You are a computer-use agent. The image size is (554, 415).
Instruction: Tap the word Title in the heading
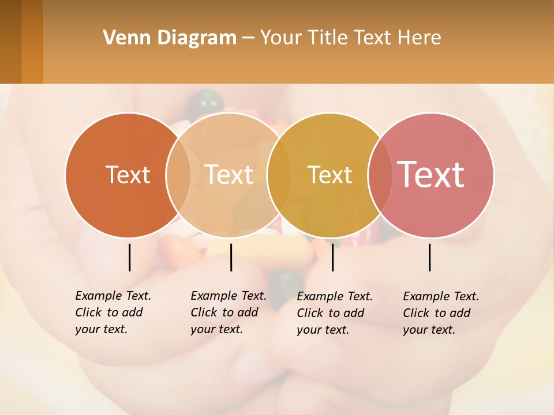328,38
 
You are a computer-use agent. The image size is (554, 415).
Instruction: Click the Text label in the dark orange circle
128,175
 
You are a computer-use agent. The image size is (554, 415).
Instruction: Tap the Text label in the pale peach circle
229,175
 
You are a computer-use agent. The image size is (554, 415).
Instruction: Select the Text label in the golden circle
330,175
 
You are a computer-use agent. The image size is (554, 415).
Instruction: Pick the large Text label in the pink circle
431,174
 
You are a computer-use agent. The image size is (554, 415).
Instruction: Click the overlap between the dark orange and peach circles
178,175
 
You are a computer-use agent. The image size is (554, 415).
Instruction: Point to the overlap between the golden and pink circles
379,175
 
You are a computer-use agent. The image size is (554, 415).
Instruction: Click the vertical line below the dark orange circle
129,257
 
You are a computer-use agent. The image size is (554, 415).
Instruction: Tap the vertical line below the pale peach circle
231,257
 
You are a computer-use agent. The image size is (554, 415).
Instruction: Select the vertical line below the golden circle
332,257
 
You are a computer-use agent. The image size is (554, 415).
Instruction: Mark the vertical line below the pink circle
430,257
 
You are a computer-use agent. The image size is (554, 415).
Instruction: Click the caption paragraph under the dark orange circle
113,312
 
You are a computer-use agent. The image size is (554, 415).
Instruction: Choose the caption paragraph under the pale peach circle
228,312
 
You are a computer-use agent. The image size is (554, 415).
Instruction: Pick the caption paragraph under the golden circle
334,313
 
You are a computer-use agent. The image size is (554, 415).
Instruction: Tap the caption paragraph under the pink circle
440,313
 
